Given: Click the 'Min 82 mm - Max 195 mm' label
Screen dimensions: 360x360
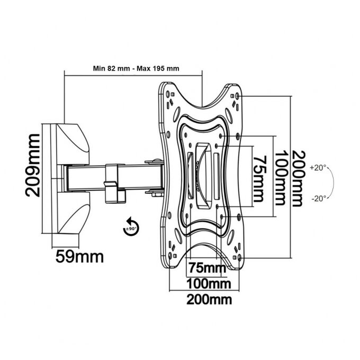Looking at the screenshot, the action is pyautogui.click(x=136, y=68).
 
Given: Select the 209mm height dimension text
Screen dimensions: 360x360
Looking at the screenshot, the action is pyautogui.click(x=32, y=165).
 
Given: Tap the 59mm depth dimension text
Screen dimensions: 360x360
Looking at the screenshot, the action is pyautogui.click(x=79, y=257).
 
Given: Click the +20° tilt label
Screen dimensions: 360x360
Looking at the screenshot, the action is pyautogui.click(x=318, y=168).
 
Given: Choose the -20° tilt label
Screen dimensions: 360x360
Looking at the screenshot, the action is pyautogui.click(x=319, y=199).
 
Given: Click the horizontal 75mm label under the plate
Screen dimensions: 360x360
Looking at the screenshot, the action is pyautogui.click(x=207, y=267).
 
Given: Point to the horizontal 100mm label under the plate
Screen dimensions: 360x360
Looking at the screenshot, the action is pyautogui.click(x=209, y=284).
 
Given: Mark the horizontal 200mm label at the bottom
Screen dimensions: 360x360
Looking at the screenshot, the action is pyautogui.click(x=209, y=300).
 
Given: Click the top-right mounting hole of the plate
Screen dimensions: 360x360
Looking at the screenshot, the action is pyautogui.click(x=237, y=96).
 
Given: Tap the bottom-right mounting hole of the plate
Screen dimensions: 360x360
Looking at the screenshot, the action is pyautogui.click(x=240, y=258).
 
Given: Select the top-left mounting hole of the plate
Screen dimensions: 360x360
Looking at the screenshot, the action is pyautogui.click(x=168, y=94).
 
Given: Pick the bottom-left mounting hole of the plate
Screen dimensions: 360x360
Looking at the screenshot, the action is pyautogui.click(x=170, y=255).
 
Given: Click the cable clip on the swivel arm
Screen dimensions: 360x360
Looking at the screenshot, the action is pyautogui.click(x=113, y=183).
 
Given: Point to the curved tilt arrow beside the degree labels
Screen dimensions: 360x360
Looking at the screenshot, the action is pyautogui.click(x=332, y=183).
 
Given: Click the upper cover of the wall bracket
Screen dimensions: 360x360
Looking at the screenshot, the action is pyautogui.click(x=69, y=144).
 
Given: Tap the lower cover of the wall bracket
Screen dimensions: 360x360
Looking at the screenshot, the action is pyautogui.click(x=70, y=213).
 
